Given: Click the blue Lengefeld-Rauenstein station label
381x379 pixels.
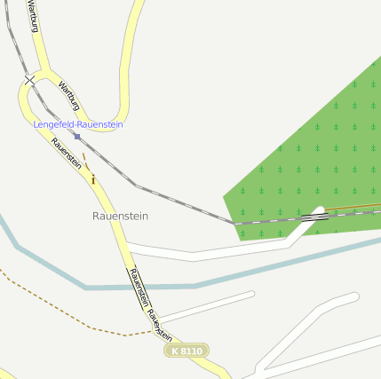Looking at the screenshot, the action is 78,125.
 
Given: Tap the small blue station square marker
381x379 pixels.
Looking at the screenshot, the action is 77,137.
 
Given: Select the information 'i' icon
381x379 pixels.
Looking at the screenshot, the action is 93,179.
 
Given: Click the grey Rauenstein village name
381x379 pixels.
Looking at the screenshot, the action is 120,216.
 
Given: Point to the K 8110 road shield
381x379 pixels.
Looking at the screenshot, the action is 185,351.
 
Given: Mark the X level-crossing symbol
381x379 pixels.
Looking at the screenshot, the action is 29,81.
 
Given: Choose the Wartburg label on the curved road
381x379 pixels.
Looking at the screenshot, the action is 68,96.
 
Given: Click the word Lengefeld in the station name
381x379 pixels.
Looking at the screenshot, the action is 54,125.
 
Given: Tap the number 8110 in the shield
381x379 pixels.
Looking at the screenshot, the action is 190,351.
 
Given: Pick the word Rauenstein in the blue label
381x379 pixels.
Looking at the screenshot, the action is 100,125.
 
